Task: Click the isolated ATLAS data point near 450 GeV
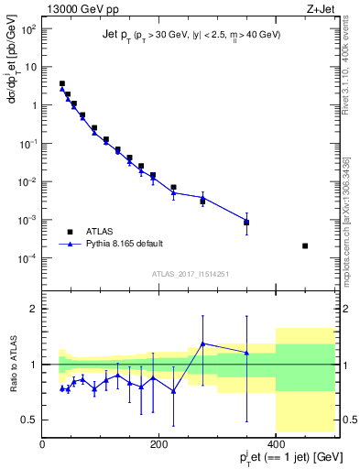pos(305,245)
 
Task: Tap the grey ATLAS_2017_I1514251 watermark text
pos(190,275)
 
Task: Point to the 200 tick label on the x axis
pos(159,444)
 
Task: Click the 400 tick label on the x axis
pos(276,444)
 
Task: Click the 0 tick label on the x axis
pos(42,444)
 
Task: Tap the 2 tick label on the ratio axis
pos(34,309)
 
